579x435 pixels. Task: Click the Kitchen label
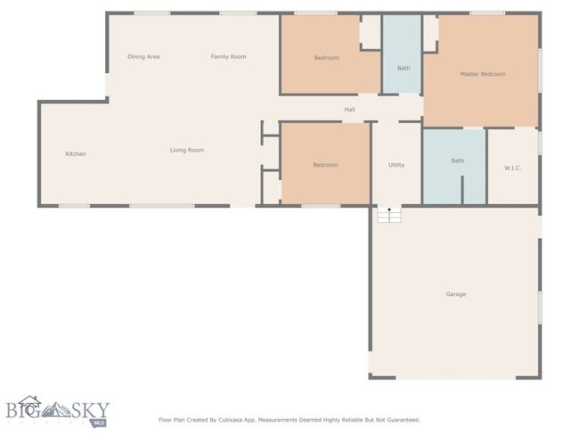click(76, 153)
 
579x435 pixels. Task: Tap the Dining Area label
click(143, 56)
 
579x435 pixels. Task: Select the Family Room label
click(229, 56)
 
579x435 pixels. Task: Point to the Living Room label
click(187, 150)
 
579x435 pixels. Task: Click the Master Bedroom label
click(483, 74)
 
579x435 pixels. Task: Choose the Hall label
click(350, 110)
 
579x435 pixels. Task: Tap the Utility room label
click(396, 165)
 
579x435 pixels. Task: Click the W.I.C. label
click(512, 168)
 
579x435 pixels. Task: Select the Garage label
click(456, 294)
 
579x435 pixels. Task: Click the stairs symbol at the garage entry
click(389, 215)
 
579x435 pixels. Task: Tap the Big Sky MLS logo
click(58, 411)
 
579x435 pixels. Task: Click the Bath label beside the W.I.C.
click(458, 160)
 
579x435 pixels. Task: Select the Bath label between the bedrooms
click(404, 68)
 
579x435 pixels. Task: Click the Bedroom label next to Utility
click(325, 165)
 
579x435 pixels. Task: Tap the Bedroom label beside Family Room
click(326, 58)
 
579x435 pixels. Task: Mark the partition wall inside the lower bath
click(462, 190)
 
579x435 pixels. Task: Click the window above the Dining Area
click(151, 13)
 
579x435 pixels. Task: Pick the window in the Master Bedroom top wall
click(487, 13)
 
